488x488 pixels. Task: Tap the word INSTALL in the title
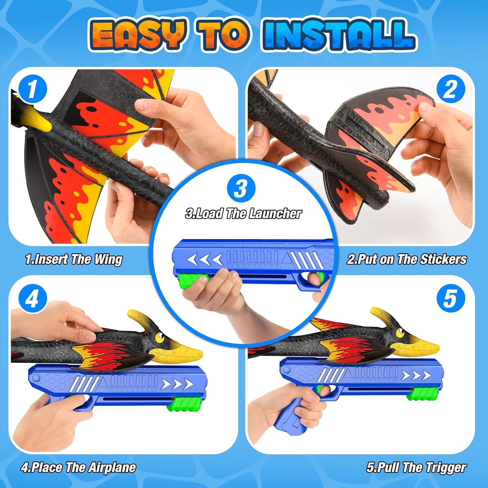pos(339,35)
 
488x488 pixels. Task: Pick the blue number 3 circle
pos(241,188)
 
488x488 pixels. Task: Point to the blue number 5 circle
pos(450,298)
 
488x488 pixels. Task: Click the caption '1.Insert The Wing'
pos(74,259)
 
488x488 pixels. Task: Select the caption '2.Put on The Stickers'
pos(407,259)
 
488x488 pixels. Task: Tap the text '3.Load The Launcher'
pos(243,213)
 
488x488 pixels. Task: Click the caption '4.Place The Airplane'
pos(78,468)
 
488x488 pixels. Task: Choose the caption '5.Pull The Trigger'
pos(416,468)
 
